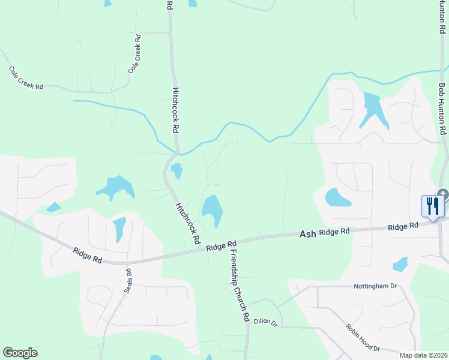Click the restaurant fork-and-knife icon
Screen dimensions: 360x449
coord(432,206)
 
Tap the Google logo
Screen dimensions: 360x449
coord(20,353)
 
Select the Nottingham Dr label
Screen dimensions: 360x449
coord(376,286)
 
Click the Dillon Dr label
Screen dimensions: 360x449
coord(265,323)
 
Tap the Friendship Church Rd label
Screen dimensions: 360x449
coord(239,286)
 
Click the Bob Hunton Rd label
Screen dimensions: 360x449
coord(442,109)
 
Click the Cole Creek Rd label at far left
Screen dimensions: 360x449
coord(26,78)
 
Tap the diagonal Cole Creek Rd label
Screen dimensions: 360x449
coord(135,54)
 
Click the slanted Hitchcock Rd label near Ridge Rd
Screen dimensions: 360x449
coord(188,223)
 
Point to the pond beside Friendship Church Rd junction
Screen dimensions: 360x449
coord(212,211)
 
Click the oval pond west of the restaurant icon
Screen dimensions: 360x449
coord(337,197)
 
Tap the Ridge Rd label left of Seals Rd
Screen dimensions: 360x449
coord(88,256)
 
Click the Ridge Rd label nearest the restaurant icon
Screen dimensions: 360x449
coord(403,226)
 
